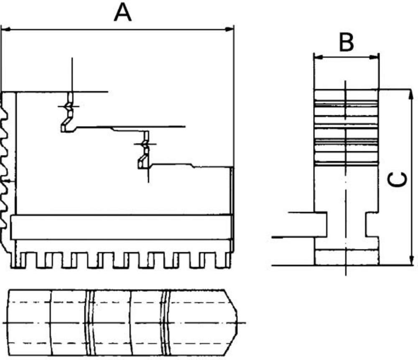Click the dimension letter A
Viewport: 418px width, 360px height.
pos(123,13)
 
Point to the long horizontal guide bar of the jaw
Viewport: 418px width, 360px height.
pos(121,227)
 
